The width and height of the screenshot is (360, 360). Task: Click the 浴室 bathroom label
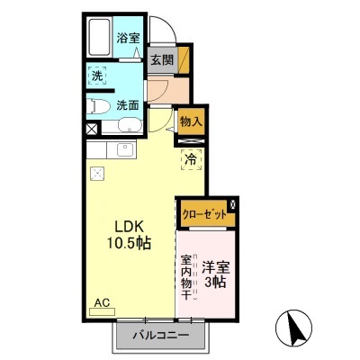pyautogui.click(x=127, y=38)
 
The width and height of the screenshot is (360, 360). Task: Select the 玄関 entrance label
pyautogui.click(x=161, y=60)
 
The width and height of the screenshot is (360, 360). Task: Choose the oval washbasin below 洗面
pyautogui.click(x=127, y=127)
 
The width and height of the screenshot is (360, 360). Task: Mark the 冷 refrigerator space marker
pyautogui.click(x=191, y=159)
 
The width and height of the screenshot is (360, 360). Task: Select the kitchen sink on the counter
pyautogui.click(x=121, y=149)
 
